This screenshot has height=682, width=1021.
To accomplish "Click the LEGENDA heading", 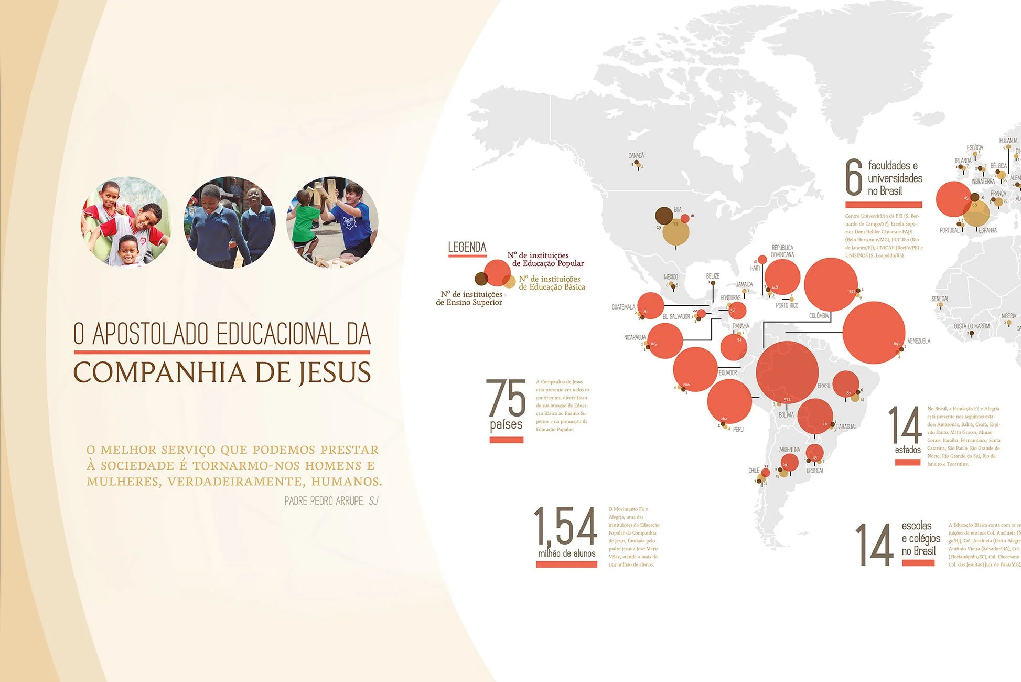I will coord(467,247).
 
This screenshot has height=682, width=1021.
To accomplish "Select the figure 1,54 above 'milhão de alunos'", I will coord(565,526).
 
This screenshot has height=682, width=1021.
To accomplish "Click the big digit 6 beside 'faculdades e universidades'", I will coord(854,178).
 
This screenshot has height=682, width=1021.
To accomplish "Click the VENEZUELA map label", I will coord(919,341).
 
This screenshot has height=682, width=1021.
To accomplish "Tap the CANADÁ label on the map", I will coord(636,156).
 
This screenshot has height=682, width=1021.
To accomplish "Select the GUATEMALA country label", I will coord(623,307).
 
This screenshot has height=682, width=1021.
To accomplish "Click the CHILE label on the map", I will coord(754,471).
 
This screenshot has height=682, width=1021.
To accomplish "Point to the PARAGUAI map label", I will coord(846,427).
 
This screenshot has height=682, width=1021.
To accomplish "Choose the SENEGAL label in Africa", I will coord(940,299).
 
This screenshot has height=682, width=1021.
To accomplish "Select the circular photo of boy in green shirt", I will coord(332,222).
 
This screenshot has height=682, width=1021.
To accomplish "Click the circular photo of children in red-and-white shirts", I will coord(125,222).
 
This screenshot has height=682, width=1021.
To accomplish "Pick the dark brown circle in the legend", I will coord(481,279).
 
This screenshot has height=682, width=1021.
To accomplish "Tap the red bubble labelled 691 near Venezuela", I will coord(874,333).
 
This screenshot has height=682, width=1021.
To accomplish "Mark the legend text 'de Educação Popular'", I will coord(548,263).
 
